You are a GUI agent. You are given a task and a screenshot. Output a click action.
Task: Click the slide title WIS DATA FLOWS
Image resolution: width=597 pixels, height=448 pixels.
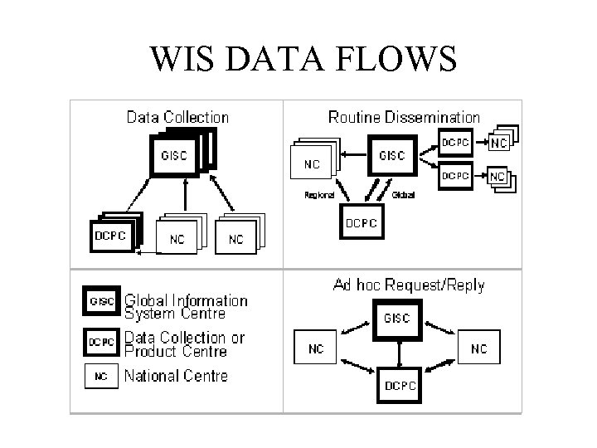click(x=303, y=59)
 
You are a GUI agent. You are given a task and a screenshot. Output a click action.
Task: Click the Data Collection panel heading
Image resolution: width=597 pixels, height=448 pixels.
click(x=177, y=117)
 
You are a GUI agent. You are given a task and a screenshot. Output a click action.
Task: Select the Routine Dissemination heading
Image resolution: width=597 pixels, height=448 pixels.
click(x=404, y=117)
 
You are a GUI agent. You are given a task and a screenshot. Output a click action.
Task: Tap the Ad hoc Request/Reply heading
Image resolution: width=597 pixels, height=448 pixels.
click(x=409, y=285)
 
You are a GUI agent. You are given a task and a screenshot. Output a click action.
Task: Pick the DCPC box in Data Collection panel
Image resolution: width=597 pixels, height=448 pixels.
click(x=111, y=234)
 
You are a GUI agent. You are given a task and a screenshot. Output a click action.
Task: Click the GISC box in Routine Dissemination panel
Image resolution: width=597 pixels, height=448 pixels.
click(x=391, y=155)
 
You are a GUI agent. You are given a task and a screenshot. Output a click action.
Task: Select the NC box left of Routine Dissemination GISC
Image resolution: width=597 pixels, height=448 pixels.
click(x=312, y=163)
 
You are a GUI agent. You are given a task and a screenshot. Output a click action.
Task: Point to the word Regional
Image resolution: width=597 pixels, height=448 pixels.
click(x=319, y=195)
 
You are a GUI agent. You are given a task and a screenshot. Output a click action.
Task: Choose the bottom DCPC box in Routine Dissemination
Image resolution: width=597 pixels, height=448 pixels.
click(x=361, y=223)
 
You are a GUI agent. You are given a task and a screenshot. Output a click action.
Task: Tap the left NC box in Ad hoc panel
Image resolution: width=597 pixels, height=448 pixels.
click(x=316, y=349)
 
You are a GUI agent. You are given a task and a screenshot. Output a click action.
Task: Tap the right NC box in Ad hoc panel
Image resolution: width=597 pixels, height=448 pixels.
click(x=478, y=349)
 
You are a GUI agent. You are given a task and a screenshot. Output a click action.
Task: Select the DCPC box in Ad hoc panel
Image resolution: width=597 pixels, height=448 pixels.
click(x=400, y=385)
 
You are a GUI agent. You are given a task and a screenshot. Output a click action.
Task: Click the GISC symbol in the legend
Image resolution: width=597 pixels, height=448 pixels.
click(x=101, y=301)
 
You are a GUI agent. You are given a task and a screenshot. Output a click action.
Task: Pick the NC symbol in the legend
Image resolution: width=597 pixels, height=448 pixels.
click(x=101, y=377)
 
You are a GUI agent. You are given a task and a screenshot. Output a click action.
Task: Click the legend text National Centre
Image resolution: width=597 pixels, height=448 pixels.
click(x=177, y=377)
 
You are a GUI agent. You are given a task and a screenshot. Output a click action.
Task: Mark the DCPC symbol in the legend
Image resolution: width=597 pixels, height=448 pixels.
click(x=101, y=340)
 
